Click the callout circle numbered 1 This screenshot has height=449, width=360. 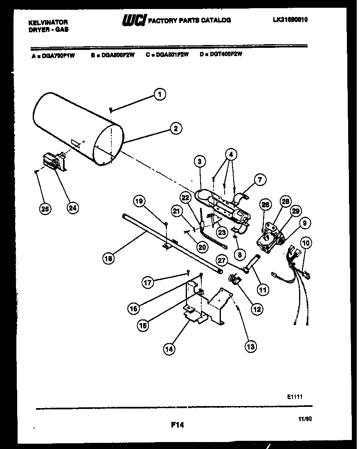(x=160, y=94)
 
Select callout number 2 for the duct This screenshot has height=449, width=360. (x=175, y=129)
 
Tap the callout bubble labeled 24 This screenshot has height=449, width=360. (x=72, y=208)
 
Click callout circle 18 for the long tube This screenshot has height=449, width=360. (x=108, y=258)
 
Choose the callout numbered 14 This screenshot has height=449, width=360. (x=169, y=349)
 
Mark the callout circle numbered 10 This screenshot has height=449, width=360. (x=306, y=243)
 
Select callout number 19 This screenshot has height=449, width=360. (x=139, y=201)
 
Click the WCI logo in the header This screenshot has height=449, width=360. (x=134, y=20)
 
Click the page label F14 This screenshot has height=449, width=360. (x=177, y=425)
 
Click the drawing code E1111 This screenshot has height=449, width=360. (x=295, y=396)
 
